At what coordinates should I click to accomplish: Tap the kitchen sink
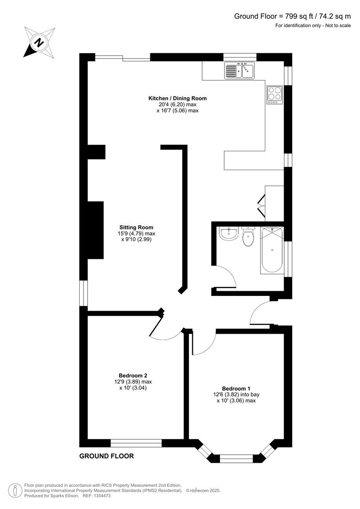click(x=239, y=71)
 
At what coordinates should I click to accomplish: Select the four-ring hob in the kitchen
click(x=275, y=95)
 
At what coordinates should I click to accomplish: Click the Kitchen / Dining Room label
click(x=177, y=98)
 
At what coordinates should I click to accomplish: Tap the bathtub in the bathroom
click(x=272, y=250)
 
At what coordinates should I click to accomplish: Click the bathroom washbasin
click(x=229, y=233)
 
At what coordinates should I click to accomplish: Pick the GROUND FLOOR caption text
click(x=106, y=456)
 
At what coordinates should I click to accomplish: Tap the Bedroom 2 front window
click(x=136, y=443)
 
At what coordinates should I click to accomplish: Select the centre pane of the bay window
click(x=236, y=458)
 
